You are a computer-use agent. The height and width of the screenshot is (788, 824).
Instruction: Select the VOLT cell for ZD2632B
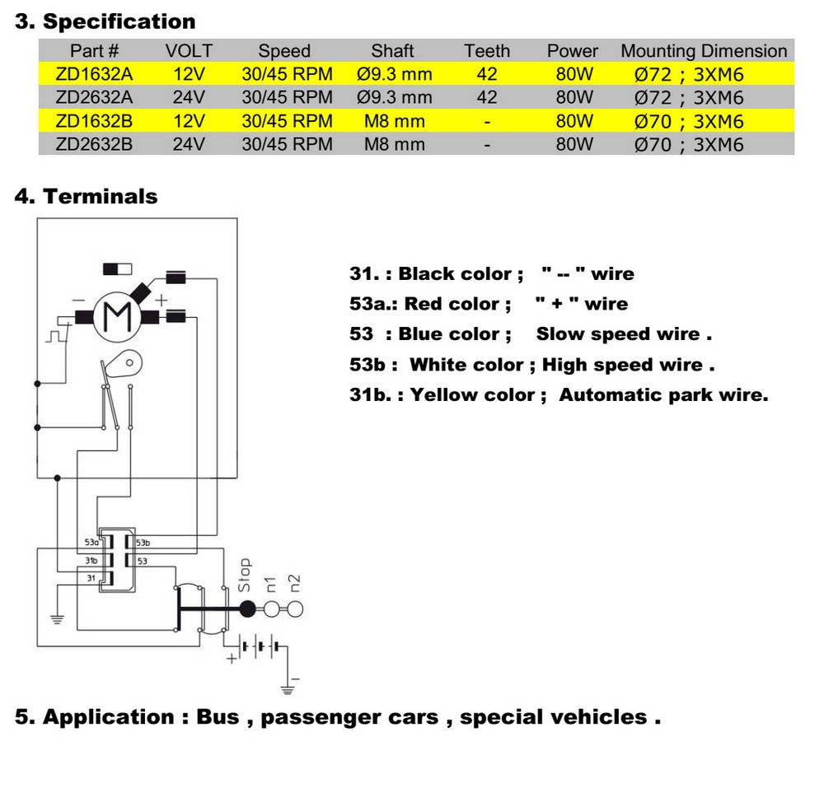(189, 145)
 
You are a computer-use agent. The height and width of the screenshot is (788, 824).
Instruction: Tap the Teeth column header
(487, 51)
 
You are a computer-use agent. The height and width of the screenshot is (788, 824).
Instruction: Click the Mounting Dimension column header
(704, 51)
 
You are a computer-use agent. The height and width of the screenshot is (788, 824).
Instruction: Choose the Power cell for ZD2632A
(574, 98)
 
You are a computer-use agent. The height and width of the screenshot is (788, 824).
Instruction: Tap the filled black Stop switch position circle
(247, 609)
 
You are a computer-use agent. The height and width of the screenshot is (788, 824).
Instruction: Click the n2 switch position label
(294, 584)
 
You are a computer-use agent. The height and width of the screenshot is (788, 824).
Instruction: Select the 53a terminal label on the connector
(91, 543)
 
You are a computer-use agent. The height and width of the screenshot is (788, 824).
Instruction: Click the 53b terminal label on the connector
(143, 543)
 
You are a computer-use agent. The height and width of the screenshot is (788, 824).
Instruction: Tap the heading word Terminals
(100, 197)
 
